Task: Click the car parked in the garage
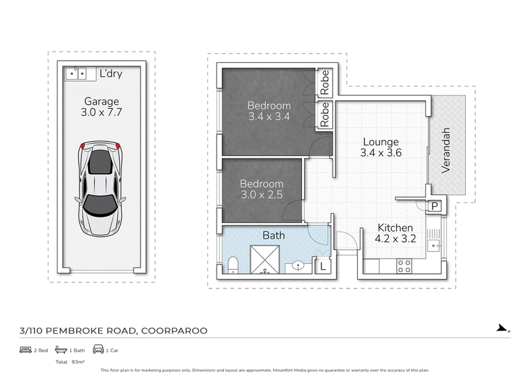click(x=101, y=188)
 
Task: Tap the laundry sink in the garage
click(x=76, y=74)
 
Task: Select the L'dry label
click(x=111, y=74)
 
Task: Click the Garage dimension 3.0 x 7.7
click(x=101, y=112)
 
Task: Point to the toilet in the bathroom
click(x=233, y=265)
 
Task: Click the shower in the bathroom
click(x=264, y=259)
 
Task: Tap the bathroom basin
click(x=298, y=266)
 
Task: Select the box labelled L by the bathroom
click(x=323, y=267)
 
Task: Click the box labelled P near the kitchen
click(x=435, y=206)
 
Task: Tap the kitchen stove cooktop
click(x=404, y=266)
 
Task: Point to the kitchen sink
click(x=433, y=245)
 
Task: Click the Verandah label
click(x=446, y=151)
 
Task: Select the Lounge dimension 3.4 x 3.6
click(x=381, y=153)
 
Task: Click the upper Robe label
click(x=325, y=83)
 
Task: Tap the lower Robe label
click(x=325, y=114)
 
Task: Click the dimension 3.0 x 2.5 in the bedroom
click(x=262, y=194)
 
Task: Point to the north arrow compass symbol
click(x=502, y=328)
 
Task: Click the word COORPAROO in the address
click(x=174, y=331)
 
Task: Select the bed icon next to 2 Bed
click(x=25, y=350)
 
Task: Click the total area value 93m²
click(x=78, y=362)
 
